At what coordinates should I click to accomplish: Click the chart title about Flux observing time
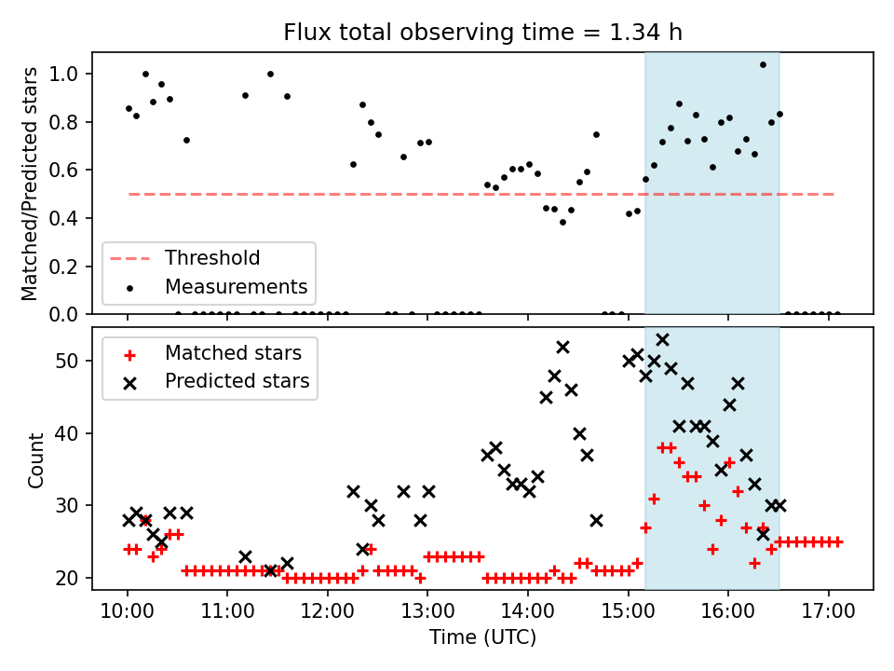coord(482,33)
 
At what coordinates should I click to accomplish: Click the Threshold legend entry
coord(212,257)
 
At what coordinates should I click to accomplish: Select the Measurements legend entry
coord(236,286)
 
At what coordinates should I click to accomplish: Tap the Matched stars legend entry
coord(232,353)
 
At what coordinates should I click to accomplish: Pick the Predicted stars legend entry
coord(237,381)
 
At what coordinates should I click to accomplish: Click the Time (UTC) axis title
coord(482,637)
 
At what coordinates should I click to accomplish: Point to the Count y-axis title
coord(36,459)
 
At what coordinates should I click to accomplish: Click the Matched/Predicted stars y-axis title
coord(30,184)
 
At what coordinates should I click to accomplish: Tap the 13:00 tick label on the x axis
coord(427,613)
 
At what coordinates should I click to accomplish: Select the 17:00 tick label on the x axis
coord(828,613)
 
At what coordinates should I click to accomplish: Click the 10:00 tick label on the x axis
coord(128,613)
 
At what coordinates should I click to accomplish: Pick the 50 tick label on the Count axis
coord(74,361)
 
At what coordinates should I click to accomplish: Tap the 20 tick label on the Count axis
coord(74,578)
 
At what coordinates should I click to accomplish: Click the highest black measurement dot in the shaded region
coord(763,65)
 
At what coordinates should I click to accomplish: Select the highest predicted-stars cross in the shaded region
coord(662,340)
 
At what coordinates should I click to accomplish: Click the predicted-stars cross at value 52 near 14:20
coord(562,347)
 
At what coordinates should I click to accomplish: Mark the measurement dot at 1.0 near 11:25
coord(270,74)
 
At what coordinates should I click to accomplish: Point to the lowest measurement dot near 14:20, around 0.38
coord(562,222)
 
